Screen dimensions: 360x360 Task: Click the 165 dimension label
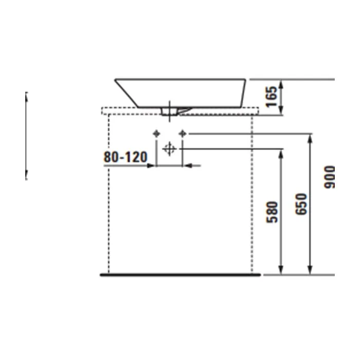point(272,97)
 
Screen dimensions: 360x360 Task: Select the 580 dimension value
point(272,212)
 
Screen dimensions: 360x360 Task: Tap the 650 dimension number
point(301,204)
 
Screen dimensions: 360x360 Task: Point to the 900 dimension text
point(330,177)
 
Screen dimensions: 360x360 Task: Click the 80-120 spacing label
point(125,157)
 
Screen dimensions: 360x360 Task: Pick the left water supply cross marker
point(156,133)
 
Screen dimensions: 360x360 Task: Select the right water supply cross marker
point(183,133)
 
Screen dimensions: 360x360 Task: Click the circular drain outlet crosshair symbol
point(169,149)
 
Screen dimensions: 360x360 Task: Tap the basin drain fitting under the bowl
point(170,112)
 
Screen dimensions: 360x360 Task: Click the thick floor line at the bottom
point(180,275)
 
